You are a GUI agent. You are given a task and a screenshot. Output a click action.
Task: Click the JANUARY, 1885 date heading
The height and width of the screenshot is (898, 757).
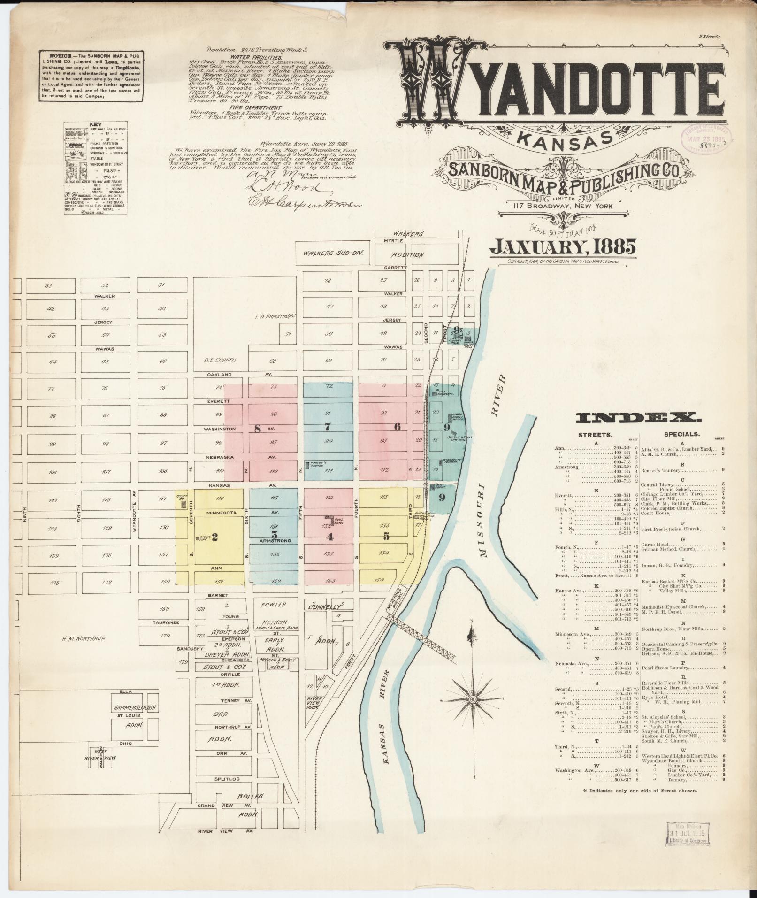tap(562, 246)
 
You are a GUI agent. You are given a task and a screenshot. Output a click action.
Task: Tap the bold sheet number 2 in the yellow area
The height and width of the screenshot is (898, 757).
tap(214, 537)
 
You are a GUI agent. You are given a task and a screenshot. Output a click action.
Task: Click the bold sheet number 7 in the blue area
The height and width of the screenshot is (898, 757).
tap(328, 427)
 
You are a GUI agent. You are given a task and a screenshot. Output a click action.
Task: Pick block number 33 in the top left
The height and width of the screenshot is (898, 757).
tap(48, 285)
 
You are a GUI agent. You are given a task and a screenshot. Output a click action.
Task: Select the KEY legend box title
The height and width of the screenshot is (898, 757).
tap(95, 125)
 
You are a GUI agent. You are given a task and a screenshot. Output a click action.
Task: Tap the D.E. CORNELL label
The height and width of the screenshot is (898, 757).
tap(220, 360)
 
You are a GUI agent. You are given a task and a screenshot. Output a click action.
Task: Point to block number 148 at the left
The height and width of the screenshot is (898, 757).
tap(54, 583)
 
